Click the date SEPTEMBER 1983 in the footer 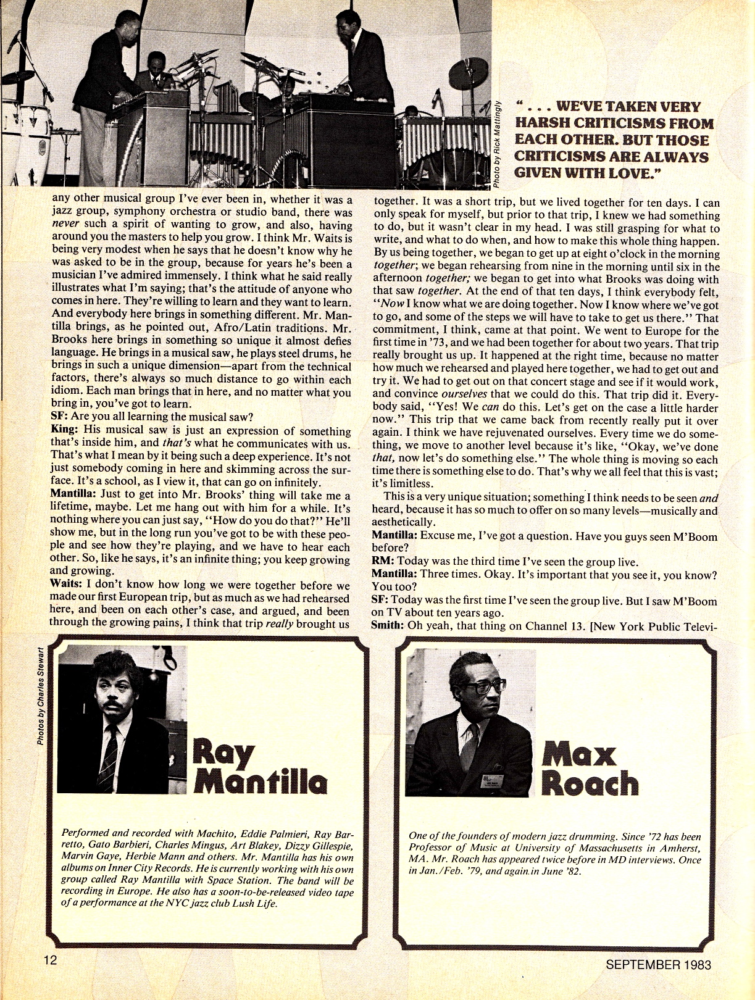click(658, 964)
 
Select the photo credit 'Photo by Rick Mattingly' click(497, 143)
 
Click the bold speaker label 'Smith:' click(388, 625)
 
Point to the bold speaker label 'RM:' click(382, 561)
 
